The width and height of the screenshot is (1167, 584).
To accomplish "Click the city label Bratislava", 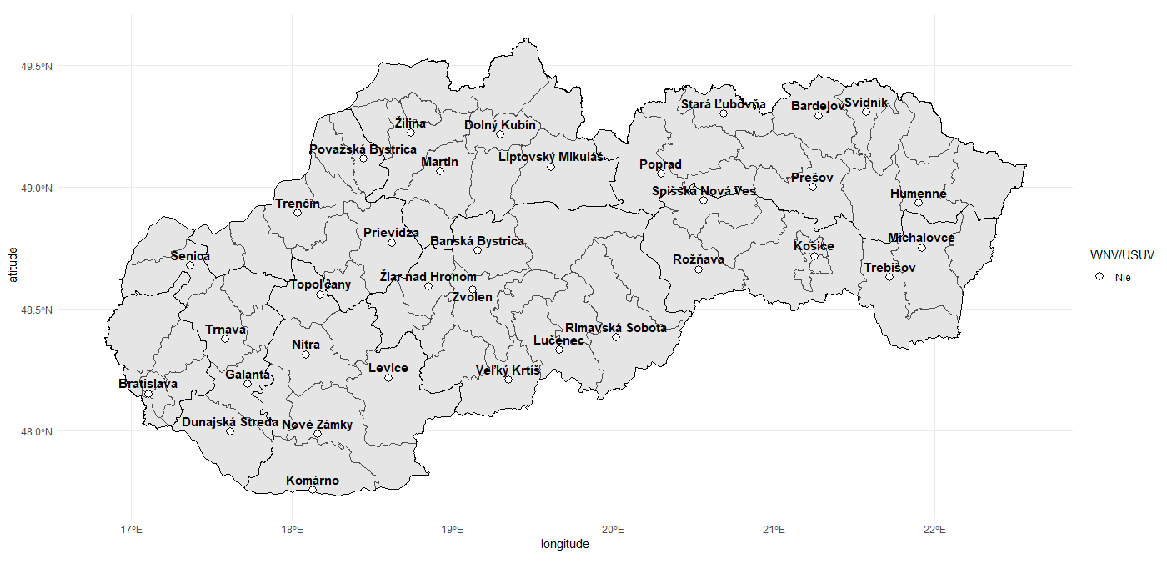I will (148, 385).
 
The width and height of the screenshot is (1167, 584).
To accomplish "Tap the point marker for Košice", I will (814, 256).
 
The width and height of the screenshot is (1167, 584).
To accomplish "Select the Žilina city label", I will (410, 123).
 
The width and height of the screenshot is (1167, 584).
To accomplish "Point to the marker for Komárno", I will (313, 490).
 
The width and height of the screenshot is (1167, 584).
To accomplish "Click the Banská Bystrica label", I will (477, 241).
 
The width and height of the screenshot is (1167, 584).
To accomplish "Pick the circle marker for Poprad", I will (661, 174).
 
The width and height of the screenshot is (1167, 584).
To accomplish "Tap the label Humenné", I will (918, 194).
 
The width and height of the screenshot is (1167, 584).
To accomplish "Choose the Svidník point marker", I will (866, 112).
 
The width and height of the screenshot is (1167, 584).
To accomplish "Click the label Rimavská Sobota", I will (615, 328).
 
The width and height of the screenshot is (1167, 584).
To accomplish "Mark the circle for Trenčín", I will (298, 213).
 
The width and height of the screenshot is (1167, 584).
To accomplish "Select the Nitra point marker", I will (306, 355).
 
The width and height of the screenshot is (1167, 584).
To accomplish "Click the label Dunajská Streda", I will (230, 422).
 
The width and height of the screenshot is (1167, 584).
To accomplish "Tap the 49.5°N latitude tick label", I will (37, 66).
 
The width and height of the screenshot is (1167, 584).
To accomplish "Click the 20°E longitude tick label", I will (614, 529).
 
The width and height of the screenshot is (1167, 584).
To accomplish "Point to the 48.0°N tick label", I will (37, 432).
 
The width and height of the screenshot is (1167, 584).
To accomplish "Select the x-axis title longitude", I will (565, 545).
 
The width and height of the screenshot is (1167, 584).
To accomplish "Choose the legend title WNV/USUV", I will (1123, 255).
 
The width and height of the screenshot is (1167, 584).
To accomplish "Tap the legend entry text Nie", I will (1123, 276).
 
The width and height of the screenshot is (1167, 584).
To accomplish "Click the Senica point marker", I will (190, 265).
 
